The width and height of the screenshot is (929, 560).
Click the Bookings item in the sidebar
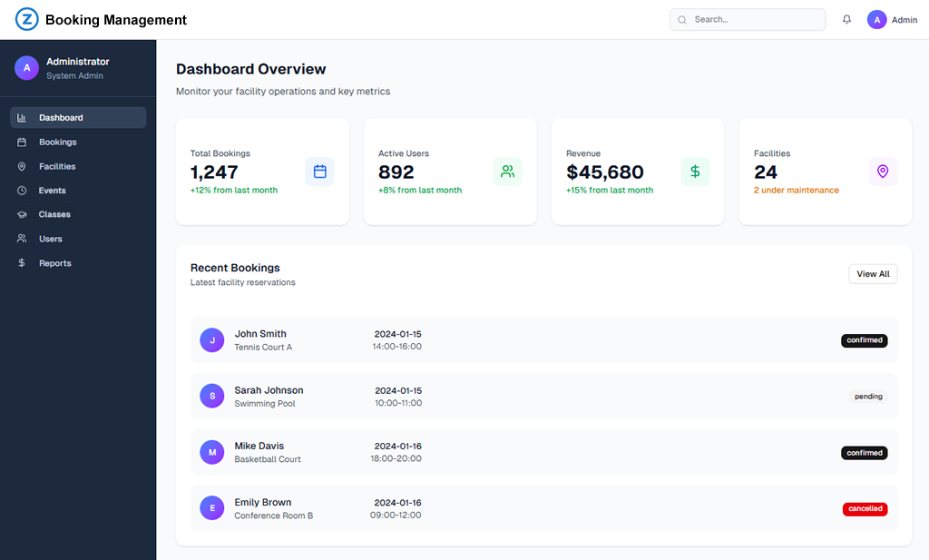tap(57, 142)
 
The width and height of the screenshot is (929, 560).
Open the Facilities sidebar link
tap(57, 167)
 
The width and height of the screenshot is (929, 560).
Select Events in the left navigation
tap(52, 191)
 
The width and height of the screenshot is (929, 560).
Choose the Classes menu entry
tap(54, 215)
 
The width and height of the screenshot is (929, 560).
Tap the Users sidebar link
tap(51, 240)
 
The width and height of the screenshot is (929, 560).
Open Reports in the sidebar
tap(54, 263)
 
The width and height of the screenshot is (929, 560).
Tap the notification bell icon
tap(846, 20)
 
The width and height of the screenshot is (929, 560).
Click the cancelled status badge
tap(865, 509)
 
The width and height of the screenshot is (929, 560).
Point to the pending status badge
tap(868, 397)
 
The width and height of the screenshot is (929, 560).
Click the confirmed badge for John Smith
tap(864, 340)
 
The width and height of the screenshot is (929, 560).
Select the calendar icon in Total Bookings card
tap(319, 172)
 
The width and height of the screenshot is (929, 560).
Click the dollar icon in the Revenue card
tap(695, 172)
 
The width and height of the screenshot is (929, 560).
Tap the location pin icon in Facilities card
tap(883, 172)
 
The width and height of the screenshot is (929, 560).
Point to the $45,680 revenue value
tap(605, 172)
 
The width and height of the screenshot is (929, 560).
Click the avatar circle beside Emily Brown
tap(212, 508)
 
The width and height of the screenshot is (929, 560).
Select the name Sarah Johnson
tap(269, 390)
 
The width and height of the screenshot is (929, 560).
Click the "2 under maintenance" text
tap(797, 191)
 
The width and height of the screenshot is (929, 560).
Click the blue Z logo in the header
tap(27, 20)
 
